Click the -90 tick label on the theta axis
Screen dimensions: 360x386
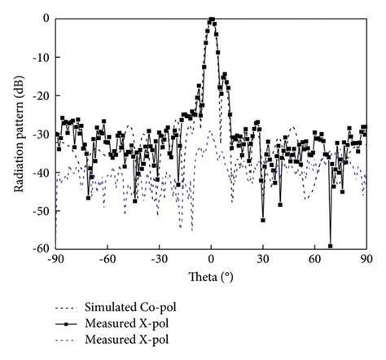click(55, 259)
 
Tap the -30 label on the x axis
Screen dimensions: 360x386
click(159, 259)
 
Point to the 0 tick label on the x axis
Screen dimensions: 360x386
click(211, 259)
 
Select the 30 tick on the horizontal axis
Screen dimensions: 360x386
click(263, 259)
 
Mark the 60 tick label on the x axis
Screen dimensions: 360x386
click(314, 259)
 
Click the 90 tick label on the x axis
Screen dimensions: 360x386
click(366, 259)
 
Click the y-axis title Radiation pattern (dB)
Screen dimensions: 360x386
click(18, 134)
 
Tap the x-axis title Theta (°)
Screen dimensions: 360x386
click(210, 277)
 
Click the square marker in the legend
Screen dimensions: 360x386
click(68, 325)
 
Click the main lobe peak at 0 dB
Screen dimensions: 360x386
click(212, 20)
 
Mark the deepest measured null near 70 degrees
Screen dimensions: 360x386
click(331, 245)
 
